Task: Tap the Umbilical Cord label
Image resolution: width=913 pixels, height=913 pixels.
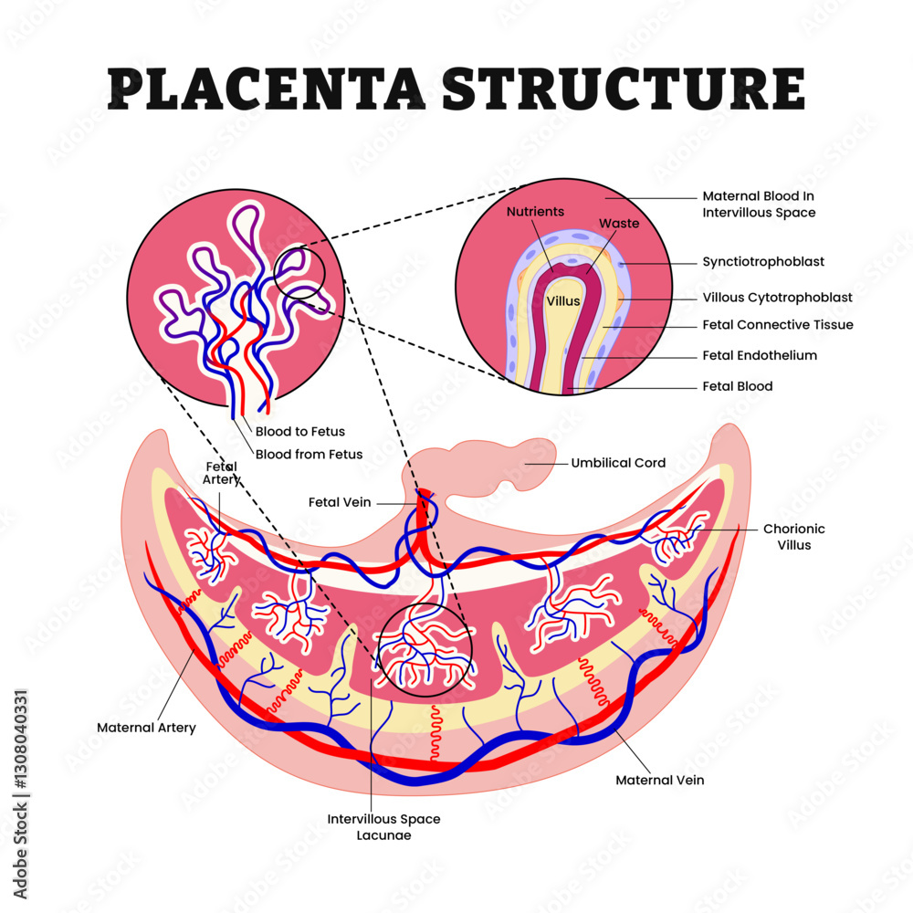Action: pyautogui.click(x=618, y=463)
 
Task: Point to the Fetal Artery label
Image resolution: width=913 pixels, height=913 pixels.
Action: pyautogui.click(x=222, y=473)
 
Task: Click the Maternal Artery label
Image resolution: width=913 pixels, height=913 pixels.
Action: pyautogui.click(x=146, y=728)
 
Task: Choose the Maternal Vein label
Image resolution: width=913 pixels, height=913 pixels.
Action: pyautogui.click(x=659, y=780)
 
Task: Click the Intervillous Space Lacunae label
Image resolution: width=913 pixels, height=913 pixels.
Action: pyautogui.click(x=383, y=826)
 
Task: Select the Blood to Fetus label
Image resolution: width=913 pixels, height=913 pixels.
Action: pyautogui.click(x=299, y=431)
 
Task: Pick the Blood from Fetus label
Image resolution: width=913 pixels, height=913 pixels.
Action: pyautogui.click(x=309, y=454)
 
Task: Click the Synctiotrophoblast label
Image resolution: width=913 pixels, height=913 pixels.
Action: pyautogui.click(x=763, y=261)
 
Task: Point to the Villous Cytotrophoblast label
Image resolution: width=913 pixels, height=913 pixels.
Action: pyautogui.click(x=777, y=297)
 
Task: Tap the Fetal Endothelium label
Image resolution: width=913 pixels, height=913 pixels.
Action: pyautogui.click(x=760, y=355)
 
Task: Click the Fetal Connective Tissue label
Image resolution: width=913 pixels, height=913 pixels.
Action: pyautogui.click(x=778, y=324)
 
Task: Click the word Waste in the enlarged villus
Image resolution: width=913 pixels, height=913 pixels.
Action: pyautogui.click(x=618, y=223)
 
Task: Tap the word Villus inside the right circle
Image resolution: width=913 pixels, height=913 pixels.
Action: pyautogui.click(x=563, y=300)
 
